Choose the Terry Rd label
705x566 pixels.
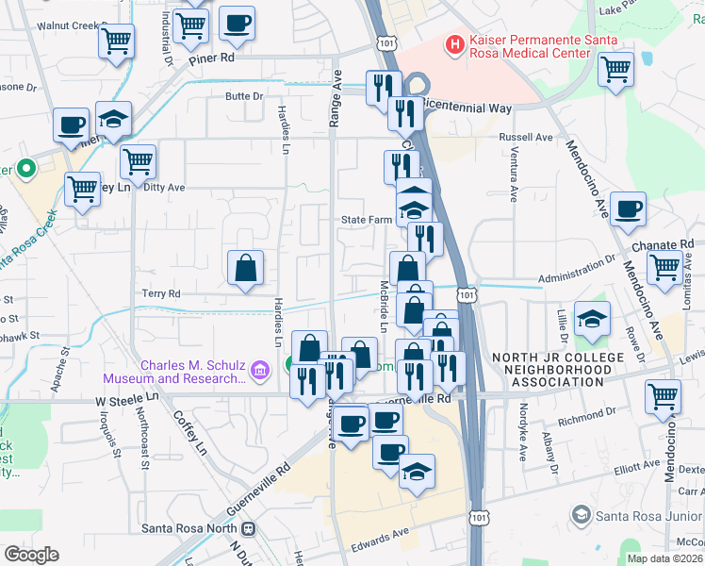coord(161,293)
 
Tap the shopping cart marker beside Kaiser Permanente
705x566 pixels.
coord(615,68)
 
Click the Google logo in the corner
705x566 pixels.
coord(31,554)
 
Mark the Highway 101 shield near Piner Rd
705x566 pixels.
coord(384,42)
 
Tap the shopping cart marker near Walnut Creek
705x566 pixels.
coord(116,41)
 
